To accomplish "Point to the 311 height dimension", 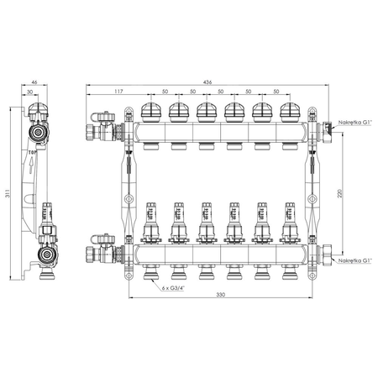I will (6, 197).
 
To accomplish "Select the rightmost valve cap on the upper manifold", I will (289, 111).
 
